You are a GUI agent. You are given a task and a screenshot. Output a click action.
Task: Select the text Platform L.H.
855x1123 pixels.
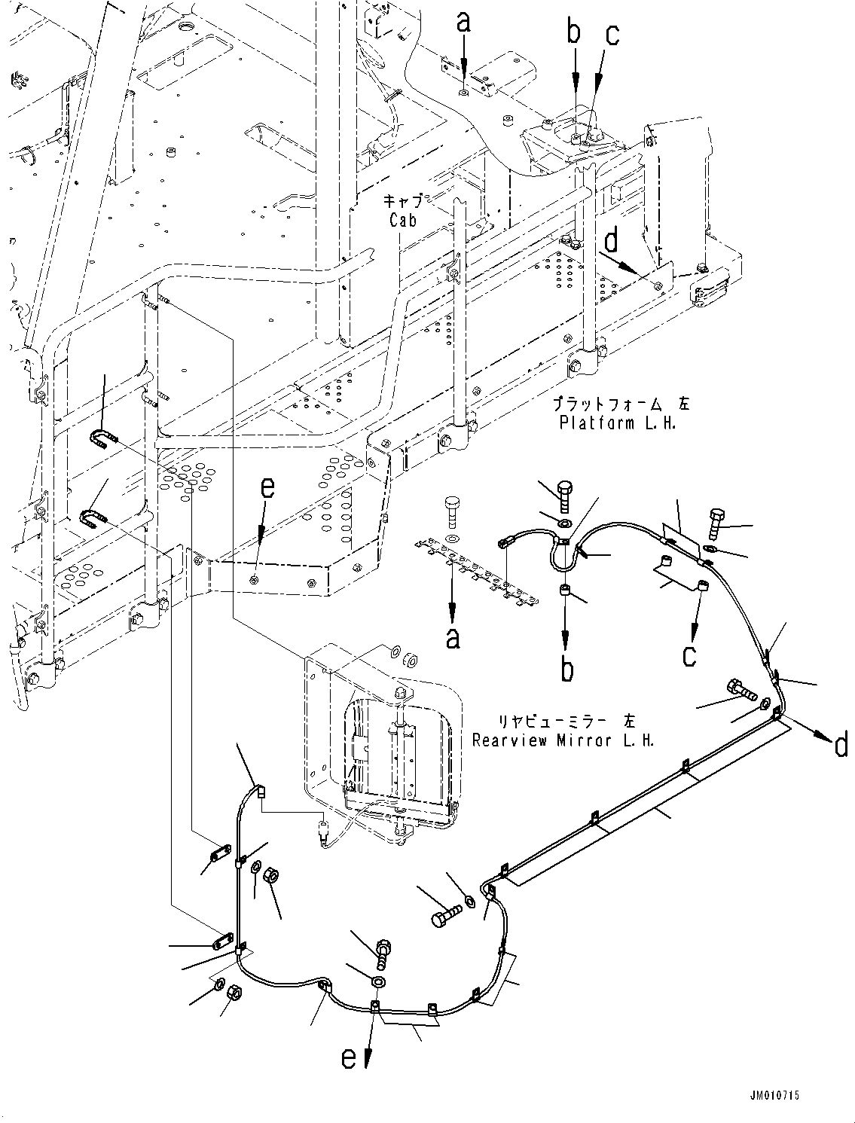coord(617,423)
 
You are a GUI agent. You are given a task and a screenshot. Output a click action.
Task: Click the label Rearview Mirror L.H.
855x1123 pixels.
coord(563,740)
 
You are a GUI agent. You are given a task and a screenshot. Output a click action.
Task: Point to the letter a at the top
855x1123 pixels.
coord(463,23)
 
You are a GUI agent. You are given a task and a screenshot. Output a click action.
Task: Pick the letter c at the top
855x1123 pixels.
coord(612,35)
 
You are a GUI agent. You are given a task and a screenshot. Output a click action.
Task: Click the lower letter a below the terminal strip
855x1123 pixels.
coord(453,638)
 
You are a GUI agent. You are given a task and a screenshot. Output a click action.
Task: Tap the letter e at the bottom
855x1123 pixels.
coord(349,1057)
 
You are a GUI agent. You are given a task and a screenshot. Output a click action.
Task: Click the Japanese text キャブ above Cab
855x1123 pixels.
coord(408,201)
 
